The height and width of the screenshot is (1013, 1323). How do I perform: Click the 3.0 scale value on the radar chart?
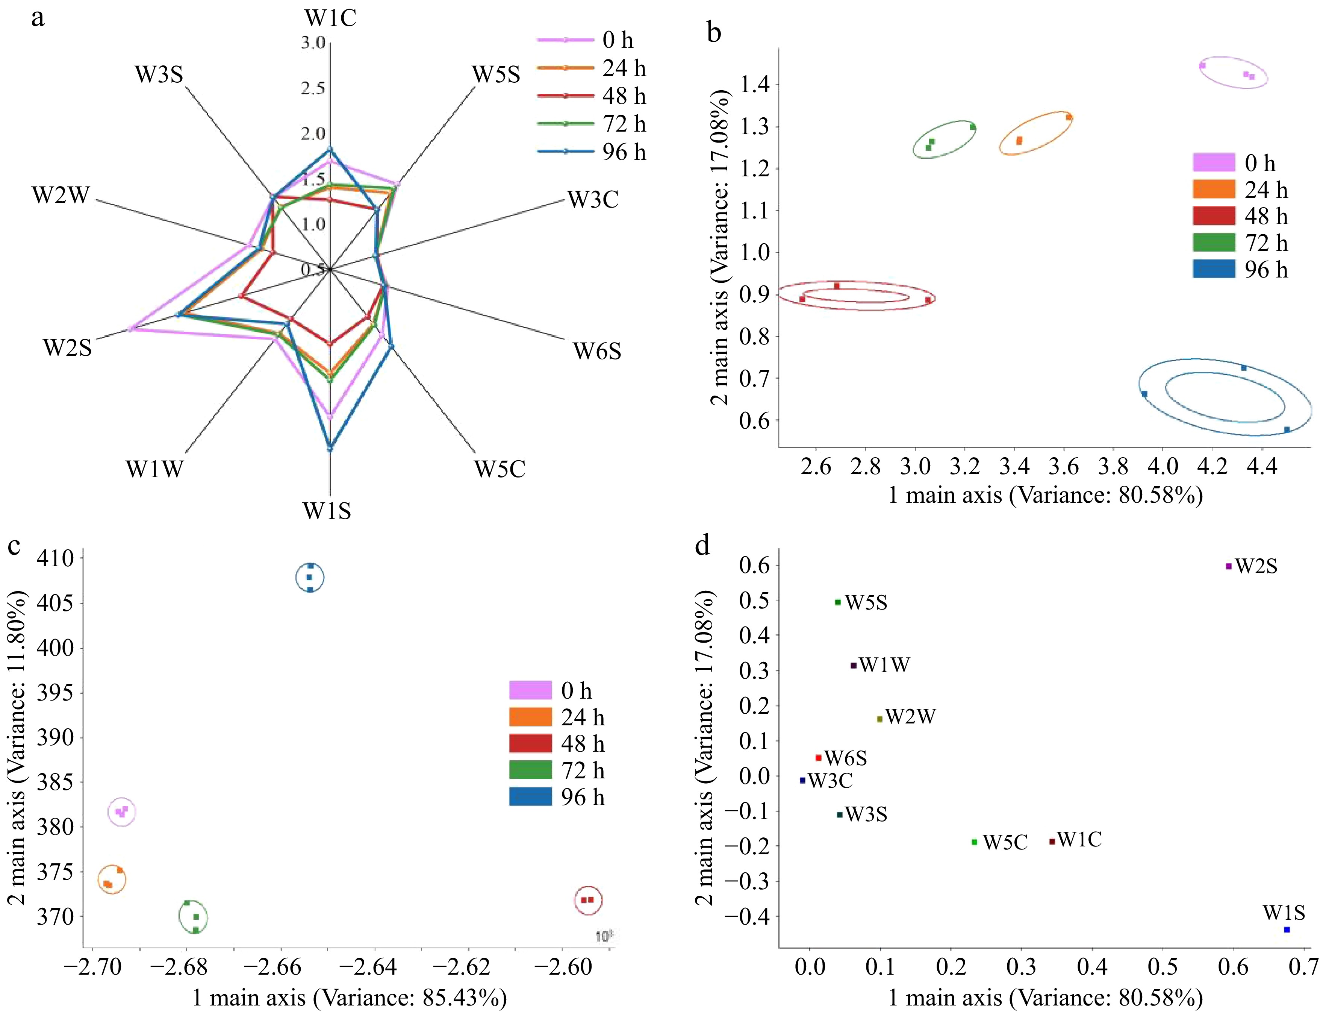313,43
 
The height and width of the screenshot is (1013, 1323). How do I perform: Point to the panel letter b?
714,32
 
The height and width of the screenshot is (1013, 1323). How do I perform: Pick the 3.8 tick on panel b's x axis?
1113,467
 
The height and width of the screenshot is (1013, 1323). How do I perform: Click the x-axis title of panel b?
1045,496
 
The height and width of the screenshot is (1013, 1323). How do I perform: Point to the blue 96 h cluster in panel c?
309,578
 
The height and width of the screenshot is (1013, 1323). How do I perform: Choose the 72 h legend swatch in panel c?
530,770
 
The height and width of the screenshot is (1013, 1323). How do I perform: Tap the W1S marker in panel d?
1287,929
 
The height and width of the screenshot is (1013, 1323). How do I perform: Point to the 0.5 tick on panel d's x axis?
1163,967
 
